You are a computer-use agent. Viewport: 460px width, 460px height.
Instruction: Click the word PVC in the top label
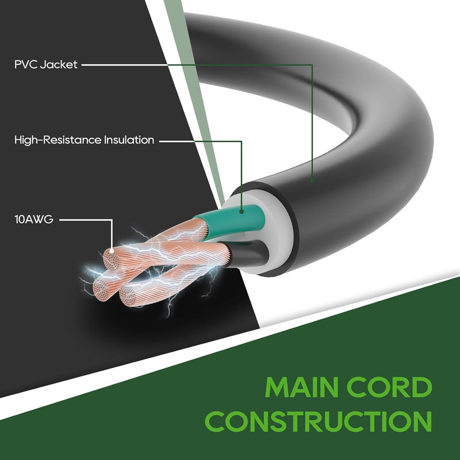[x=26, y=65]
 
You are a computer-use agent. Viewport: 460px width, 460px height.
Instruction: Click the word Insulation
[x=129, y=140]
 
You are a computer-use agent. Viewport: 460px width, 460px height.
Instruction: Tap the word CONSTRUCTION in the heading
[x=320, y=421]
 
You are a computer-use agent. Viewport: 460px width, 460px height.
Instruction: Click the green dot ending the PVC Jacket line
[x=312, y=180]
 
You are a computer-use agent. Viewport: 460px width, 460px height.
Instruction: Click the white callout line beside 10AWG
[x=86, y=219]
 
